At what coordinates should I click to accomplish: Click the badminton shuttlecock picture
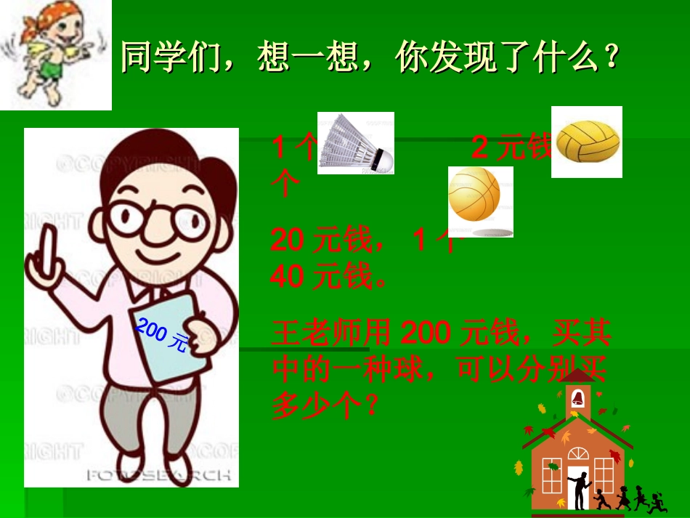[355, 143]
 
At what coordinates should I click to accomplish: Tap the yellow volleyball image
[587, 142]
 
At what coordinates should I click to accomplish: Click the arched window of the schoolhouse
[578, 455]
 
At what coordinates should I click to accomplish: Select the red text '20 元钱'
[320, 240]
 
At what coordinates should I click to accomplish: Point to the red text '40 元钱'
[320, 276]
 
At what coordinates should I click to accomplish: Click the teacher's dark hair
[211, 171]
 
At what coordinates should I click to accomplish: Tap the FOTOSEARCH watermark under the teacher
[159, 475]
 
